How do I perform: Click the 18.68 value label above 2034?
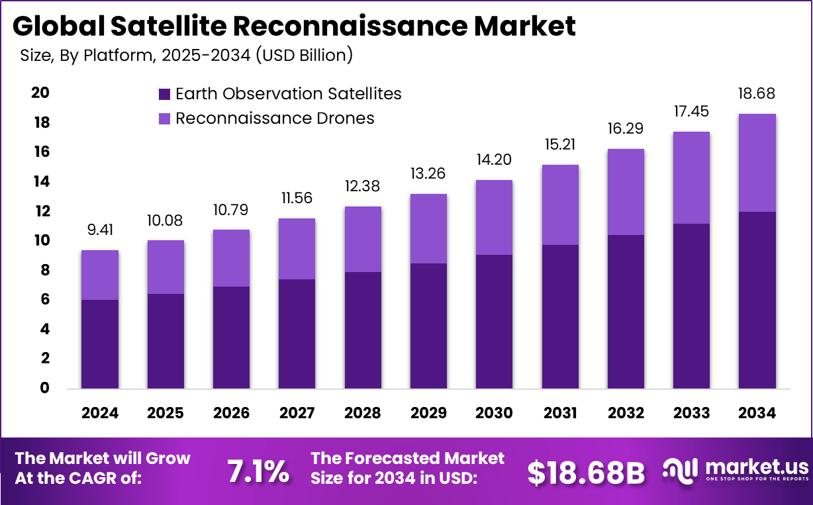(x=757, y=94)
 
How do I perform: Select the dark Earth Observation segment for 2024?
(x=100, y=344)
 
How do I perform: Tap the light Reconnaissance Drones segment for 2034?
(x=757, y=163)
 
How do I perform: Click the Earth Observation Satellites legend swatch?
(x=165, y=94)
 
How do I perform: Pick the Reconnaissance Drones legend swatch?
(x=165, y=119)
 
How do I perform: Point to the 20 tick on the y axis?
(x=40, y=93)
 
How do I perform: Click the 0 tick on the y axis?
(x=44, y=389)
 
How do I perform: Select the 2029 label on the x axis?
(x=428, y=413)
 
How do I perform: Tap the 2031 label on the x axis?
(x=560, y=413)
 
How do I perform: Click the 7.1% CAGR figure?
(x=258, y=471)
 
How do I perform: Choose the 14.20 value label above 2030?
(x=494, y=160)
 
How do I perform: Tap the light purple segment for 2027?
(x=297, y=249)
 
